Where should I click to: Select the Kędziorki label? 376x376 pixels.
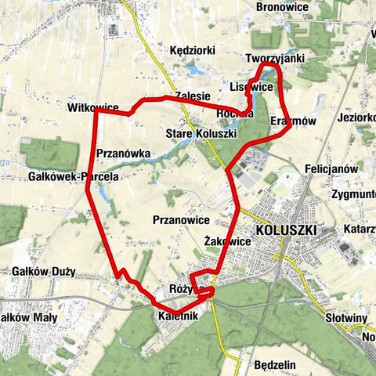pos(193,50)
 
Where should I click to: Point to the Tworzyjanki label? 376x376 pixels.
pos(273,59)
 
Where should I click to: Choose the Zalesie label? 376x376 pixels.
pos(193,96)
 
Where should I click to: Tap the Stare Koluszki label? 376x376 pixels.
pos(201,134)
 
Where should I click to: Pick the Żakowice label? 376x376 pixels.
pos(226,241)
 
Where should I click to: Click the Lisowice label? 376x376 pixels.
pos(251,87)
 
